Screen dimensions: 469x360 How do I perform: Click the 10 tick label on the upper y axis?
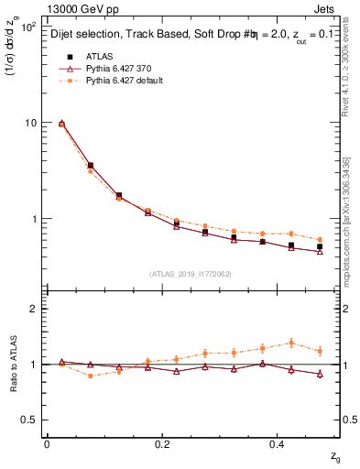click(29, 123)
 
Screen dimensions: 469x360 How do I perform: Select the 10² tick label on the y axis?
click(27, 27)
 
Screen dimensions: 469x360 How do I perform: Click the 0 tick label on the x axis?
click(46, 443)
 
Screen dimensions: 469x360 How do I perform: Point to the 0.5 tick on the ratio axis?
click(30, 420)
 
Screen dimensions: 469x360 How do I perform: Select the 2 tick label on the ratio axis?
click(35, 309)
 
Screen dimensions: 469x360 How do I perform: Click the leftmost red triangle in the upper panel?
click(61, 123)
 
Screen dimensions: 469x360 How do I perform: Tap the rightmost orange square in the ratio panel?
click(320, 351)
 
